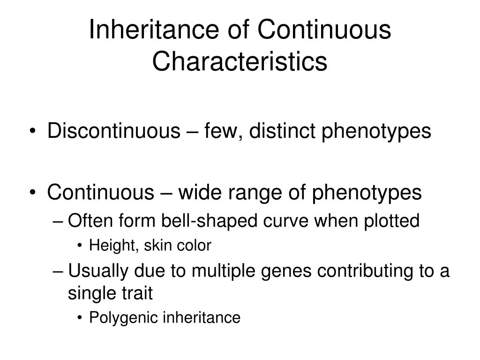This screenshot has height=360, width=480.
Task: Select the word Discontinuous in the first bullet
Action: (x=110, y=132)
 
